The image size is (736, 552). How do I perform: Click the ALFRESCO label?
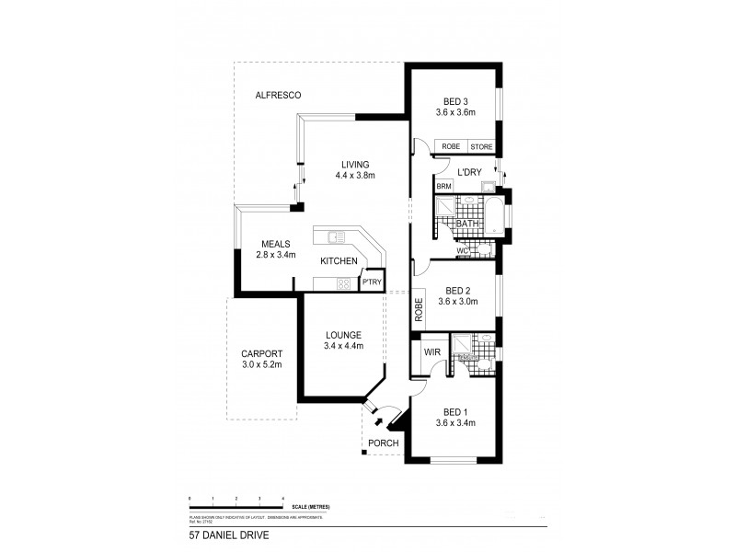tap(279, 96)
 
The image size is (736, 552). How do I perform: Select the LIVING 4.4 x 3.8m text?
tap(355, 169)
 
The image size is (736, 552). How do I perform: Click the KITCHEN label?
tap(339, 262)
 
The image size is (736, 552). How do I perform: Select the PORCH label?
tap(383, 443)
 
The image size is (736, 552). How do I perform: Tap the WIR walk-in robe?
tap(431, 353)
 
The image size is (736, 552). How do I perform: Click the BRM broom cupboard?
tap(444, 187)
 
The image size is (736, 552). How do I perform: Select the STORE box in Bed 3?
tap(481, 146)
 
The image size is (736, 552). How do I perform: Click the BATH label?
tap(467, 224)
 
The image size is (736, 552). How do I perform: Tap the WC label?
tap(465, 250)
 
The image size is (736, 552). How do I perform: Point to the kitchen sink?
tap(329, 236)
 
